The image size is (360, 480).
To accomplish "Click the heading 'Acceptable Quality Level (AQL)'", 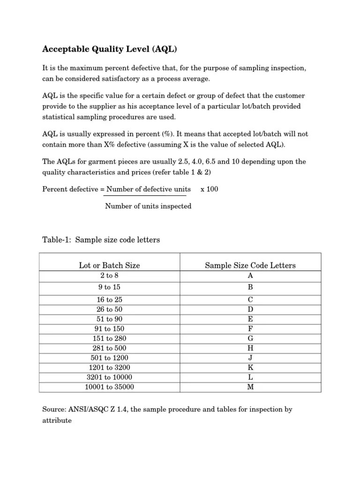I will [111, 49].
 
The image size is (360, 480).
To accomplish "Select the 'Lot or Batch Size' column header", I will [109, 265].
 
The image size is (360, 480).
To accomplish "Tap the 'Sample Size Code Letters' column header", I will [250, 265].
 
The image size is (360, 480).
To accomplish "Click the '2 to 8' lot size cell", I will [109, 276].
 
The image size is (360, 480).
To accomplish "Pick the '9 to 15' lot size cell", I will [109, 287].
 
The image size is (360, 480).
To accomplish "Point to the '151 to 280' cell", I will [109, 338].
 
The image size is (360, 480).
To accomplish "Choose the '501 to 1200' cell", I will [109, 358].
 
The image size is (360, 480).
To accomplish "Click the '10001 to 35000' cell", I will [109, 387].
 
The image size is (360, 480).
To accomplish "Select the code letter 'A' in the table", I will [250, 276].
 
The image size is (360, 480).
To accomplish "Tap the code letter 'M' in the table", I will [250, 387].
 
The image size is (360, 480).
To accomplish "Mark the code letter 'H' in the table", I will [250, 348].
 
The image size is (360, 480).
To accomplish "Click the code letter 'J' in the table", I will [250, 358].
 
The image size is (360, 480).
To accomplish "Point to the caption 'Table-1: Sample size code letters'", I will [101, 240].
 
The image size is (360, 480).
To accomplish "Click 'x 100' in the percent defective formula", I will [209, 189].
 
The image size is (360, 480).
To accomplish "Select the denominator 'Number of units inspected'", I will [148, 206].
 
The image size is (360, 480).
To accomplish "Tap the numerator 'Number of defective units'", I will [149, 189].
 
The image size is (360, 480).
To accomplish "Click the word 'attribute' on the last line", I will [57, 420].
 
